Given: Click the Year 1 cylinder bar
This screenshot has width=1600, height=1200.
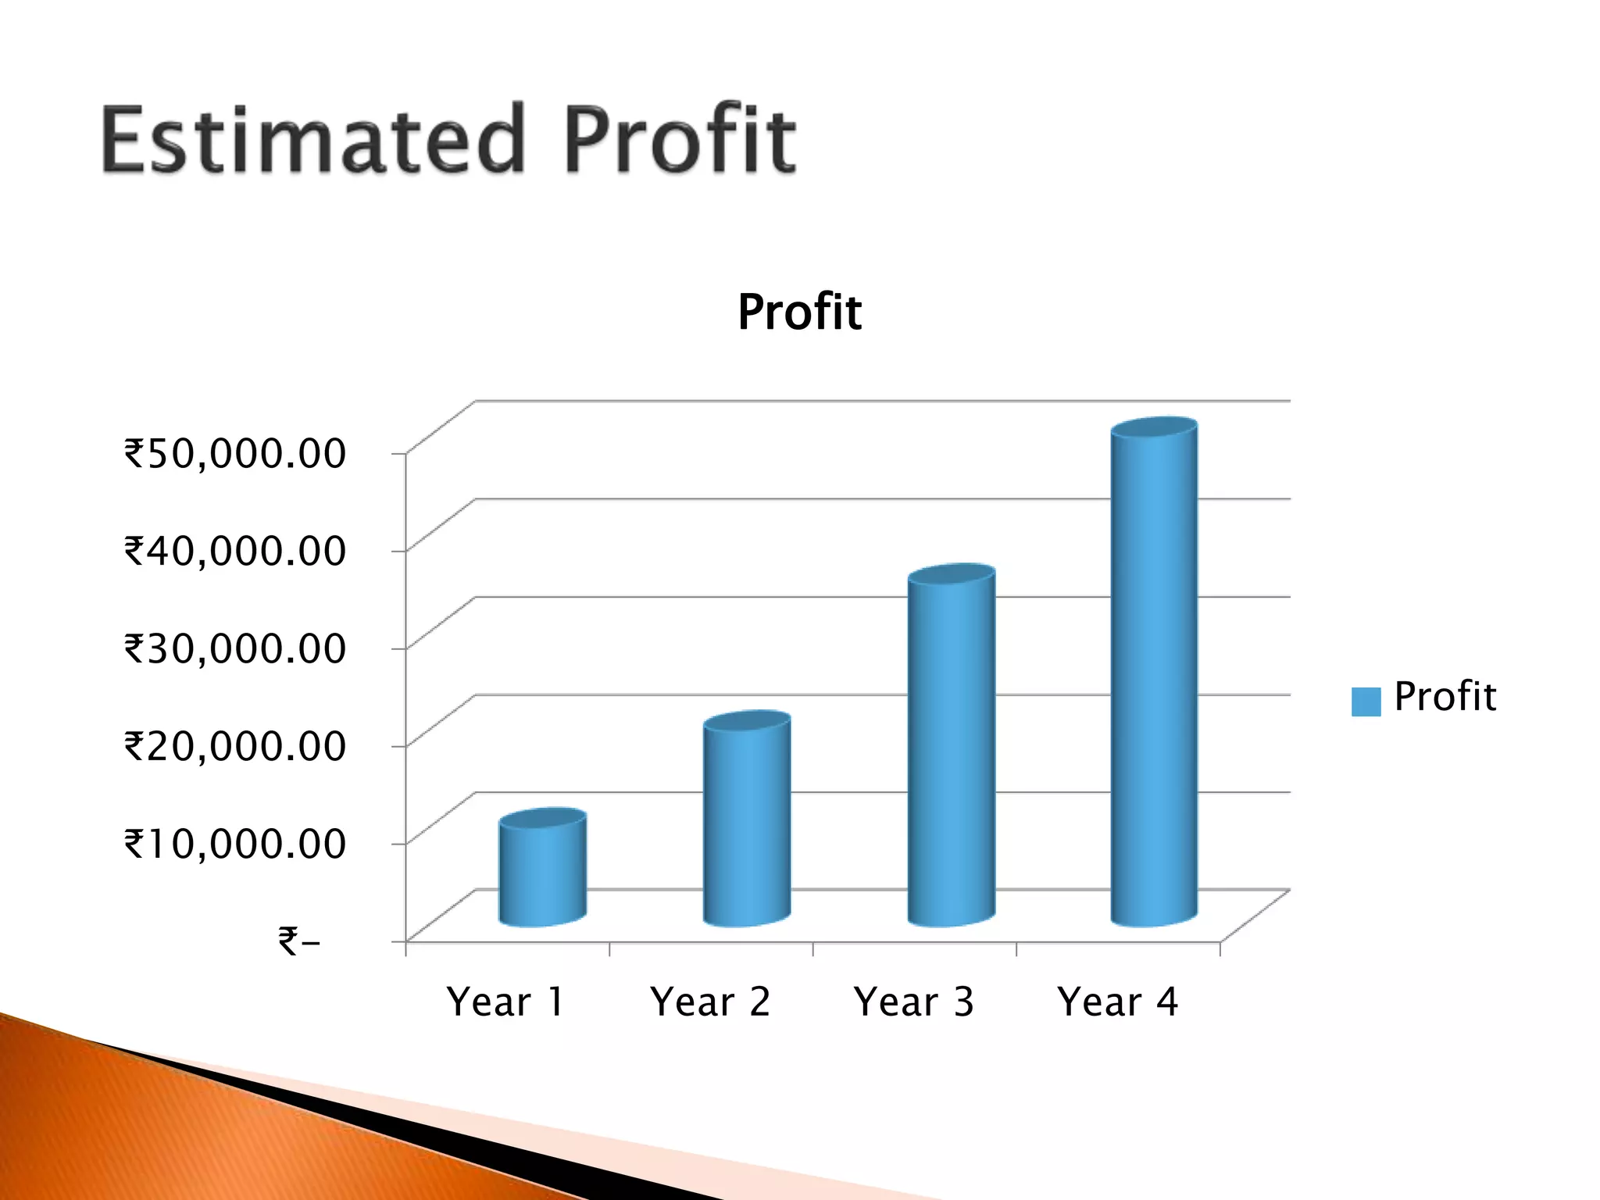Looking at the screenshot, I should (543, 875).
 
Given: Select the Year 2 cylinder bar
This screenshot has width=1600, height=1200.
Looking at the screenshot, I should (747, 828).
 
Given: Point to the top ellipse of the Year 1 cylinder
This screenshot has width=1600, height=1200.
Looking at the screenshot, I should (543, 818).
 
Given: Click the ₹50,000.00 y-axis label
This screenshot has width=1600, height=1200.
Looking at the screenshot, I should (235, 453).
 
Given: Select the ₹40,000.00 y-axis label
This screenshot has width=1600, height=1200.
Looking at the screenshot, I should (235, 551).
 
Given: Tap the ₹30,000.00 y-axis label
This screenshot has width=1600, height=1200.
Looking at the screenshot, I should (235, 648).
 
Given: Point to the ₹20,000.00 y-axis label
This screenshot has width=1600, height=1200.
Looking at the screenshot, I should (235, 745).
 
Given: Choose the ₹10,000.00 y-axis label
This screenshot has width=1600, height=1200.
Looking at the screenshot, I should (235, 844).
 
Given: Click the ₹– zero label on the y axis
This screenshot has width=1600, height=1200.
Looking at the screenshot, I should (299, 941).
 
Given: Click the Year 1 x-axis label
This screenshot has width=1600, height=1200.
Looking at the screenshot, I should (505, 1002).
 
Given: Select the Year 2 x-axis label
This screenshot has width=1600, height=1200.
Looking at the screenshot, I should (710, 1002).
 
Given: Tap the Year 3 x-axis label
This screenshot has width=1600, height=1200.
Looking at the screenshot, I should (914, 1002).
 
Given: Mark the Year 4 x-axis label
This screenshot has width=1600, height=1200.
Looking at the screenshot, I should (1117, 1002).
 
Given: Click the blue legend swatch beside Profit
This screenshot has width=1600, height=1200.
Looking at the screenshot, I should (1366, 701).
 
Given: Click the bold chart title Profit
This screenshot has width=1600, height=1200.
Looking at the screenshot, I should (799, 312).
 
